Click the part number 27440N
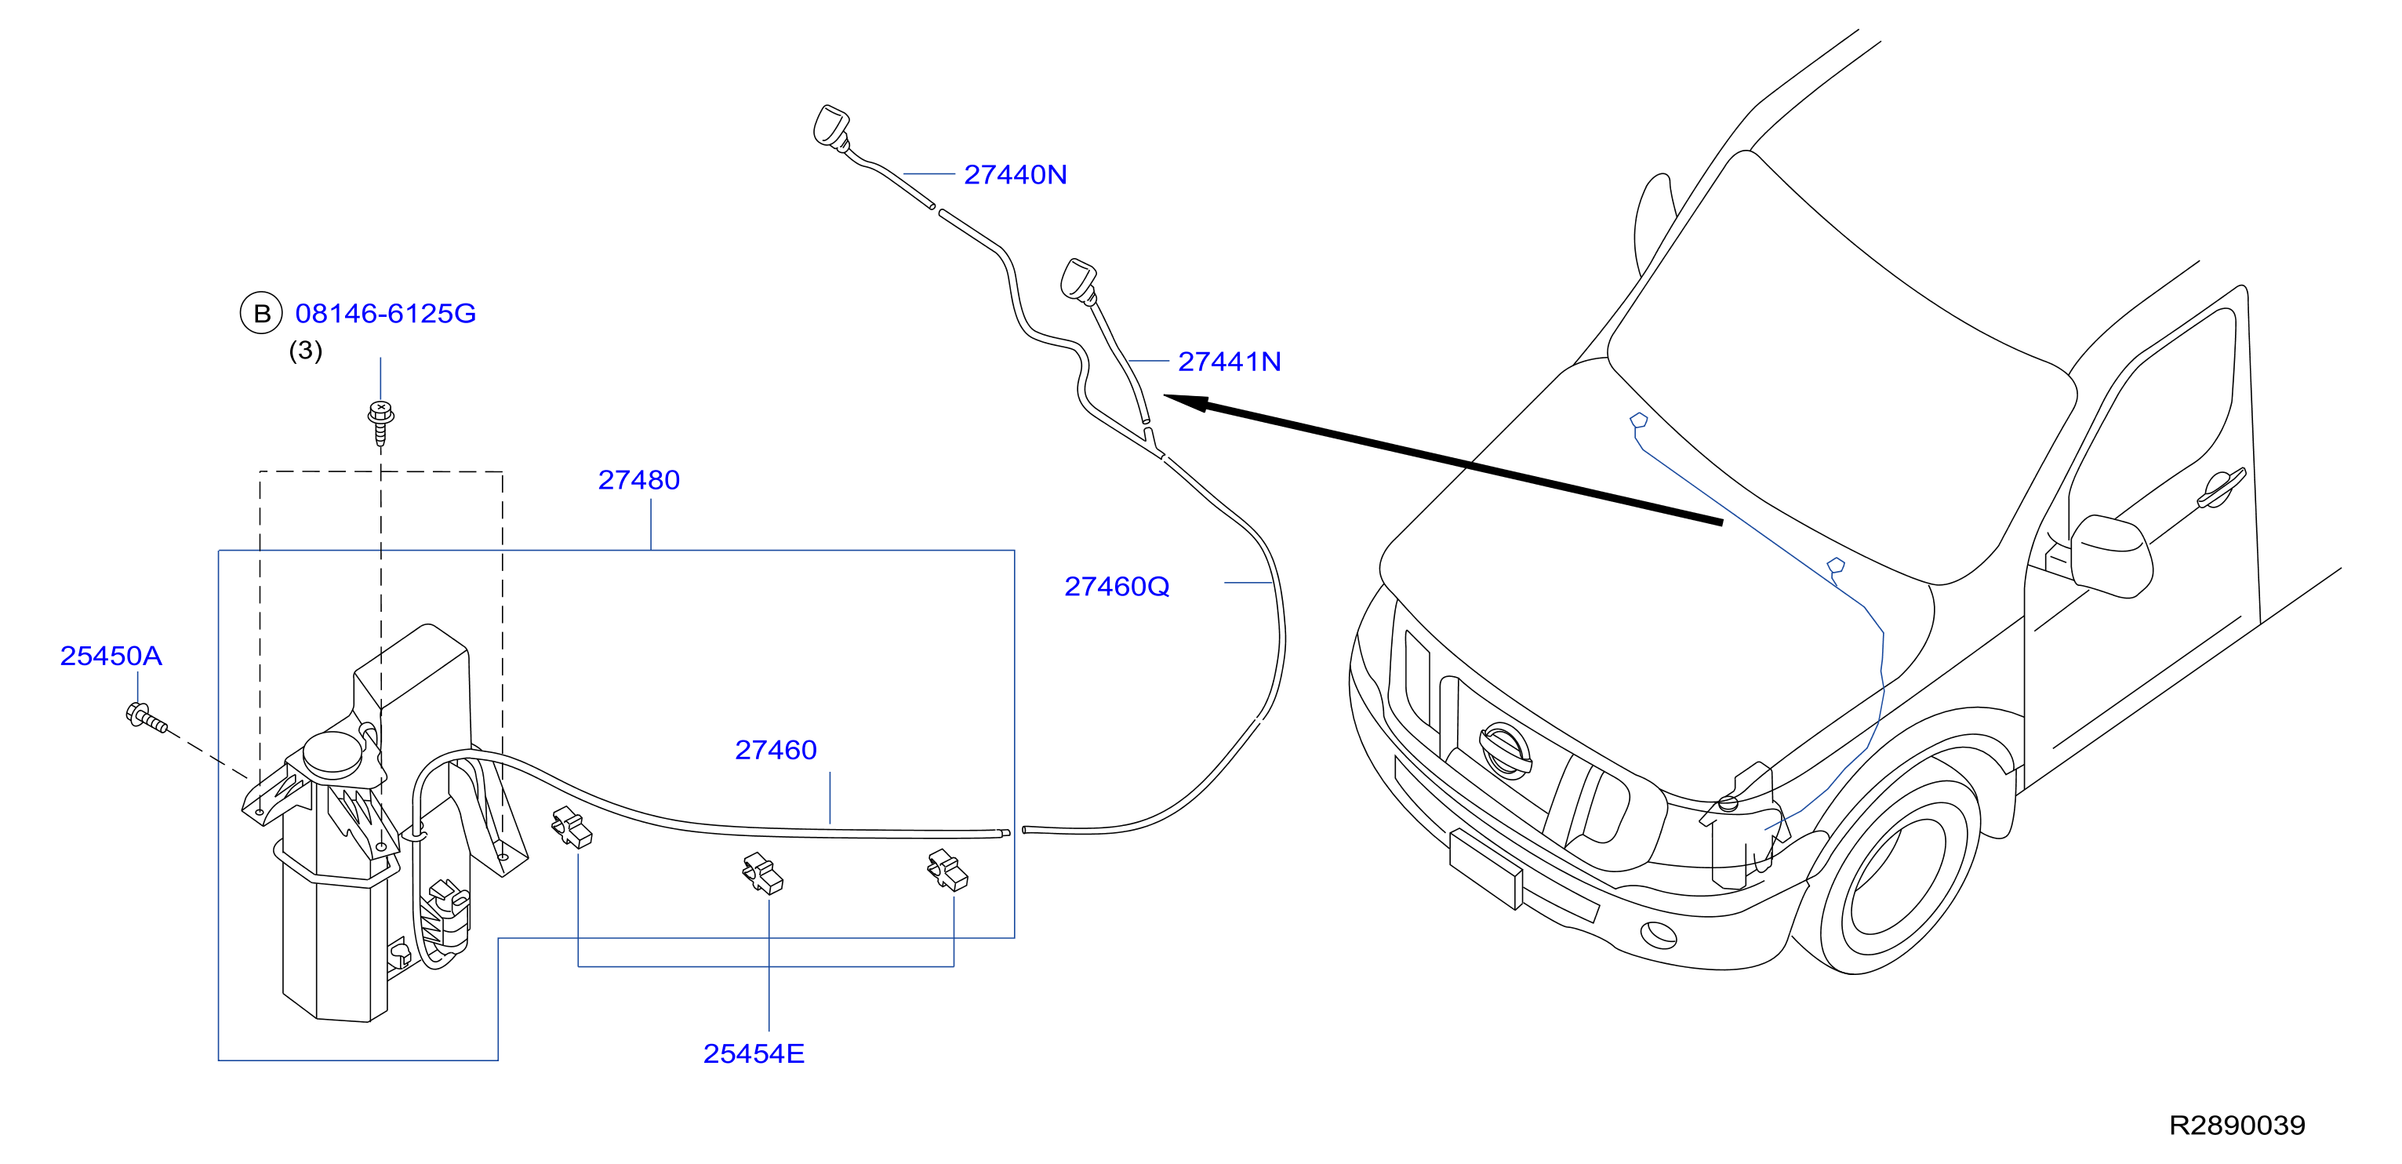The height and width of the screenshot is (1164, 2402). (1015, 174)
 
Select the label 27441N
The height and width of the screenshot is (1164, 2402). (1229, 361)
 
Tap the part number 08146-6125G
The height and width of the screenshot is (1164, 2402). (385, 314)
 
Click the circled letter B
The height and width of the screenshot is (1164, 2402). (261, 314)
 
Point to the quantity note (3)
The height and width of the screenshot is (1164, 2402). (306, 350)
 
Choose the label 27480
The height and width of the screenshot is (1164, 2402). (639, 479)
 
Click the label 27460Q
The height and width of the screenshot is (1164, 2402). (1116, 587)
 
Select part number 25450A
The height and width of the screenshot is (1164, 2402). (111, 656)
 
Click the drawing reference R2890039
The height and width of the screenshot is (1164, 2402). (2237, 1125)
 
